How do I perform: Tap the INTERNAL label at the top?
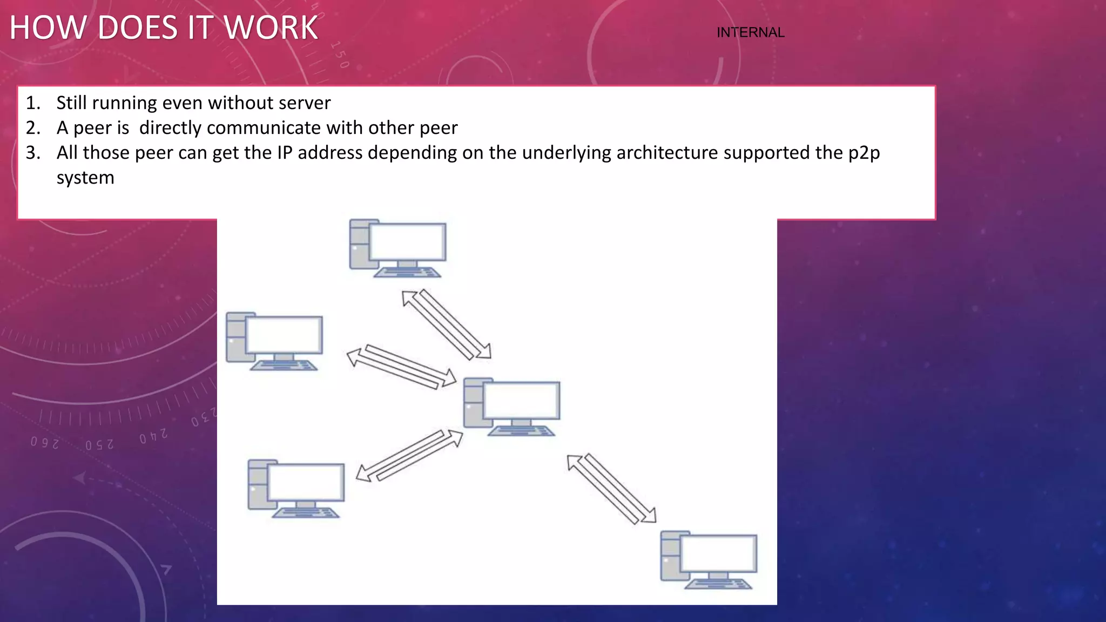(750, 32)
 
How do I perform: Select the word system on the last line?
(85, 178)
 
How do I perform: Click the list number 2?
(33, 128)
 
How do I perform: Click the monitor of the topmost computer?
(408, 242)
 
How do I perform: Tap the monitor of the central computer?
(522, 400)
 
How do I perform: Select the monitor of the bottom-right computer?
(718, 553)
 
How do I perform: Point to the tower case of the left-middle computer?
(235, 337)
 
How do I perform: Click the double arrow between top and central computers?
(447, 324)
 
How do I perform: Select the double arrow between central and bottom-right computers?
(612, 489)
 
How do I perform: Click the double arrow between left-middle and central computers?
(401, 367)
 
